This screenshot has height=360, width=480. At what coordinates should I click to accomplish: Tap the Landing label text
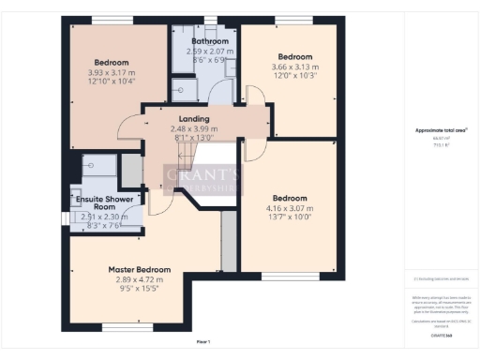coord(194,119)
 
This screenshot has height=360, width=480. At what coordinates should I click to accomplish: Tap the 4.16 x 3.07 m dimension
coord(289,208)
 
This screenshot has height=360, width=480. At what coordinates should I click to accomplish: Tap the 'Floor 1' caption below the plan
coord(202,340)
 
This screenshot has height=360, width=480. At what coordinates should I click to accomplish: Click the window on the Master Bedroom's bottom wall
coord(122,327)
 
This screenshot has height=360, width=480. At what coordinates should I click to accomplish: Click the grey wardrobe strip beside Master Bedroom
coord(226,240)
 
